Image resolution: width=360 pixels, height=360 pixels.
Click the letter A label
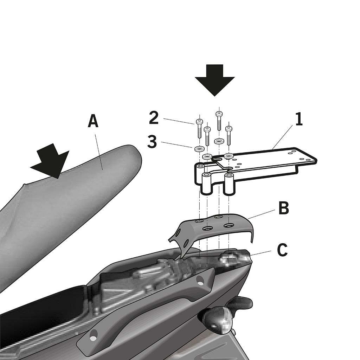tap(93, 121)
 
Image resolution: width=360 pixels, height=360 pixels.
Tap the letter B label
tap(284, 208)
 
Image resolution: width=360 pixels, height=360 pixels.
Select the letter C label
tap(282, 250)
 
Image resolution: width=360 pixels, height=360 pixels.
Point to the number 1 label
tap(299, 120)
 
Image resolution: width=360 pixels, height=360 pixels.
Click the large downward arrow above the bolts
tap(215, 80)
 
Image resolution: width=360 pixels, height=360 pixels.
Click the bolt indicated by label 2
tap(199, 129)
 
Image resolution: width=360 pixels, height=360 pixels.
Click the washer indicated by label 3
tap(199, 149)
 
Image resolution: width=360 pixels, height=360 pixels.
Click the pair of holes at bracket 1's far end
tap(292, 153)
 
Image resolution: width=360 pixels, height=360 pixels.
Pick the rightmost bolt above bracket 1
tap(229, 135)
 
